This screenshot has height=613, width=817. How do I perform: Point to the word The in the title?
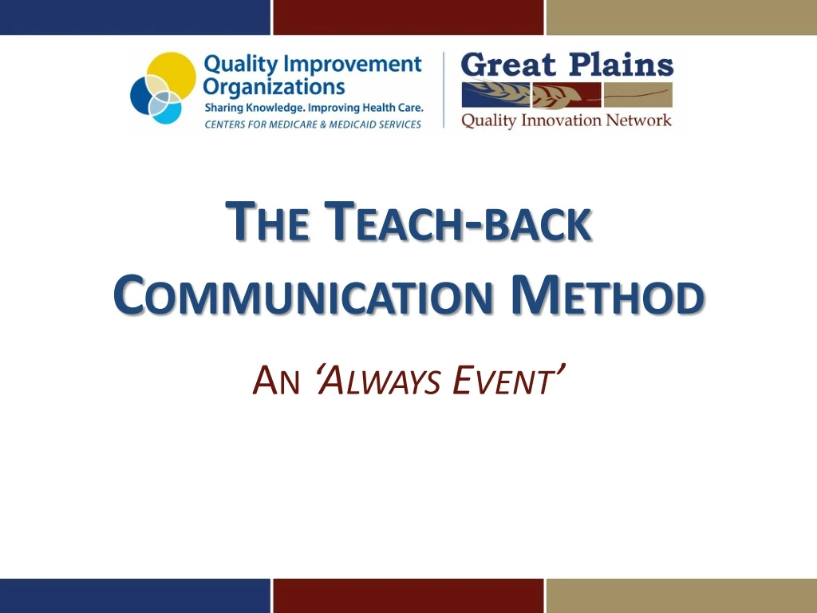267,223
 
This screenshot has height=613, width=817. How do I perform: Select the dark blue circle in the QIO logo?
145,95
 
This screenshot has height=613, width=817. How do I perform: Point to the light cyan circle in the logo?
168,109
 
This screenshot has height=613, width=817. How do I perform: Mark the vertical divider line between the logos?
444,89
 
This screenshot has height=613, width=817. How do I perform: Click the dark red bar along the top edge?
408,17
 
